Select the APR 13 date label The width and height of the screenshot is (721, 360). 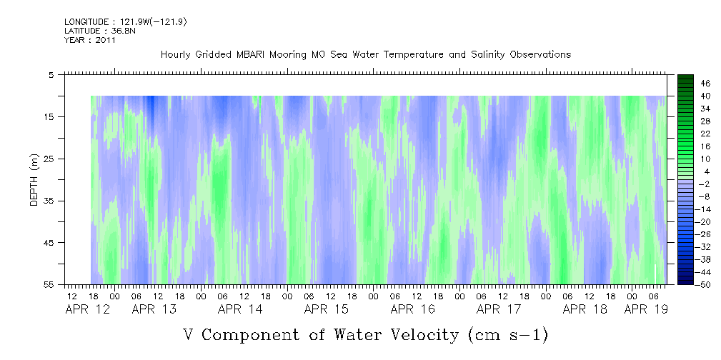pos(154,309)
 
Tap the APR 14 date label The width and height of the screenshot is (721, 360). pos(240,309)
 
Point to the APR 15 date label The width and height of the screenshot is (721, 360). pos(327,309)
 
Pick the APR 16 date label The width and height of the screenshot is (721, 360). pos(412,309)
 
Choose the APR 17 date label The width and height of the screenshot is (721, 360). pos(499,309)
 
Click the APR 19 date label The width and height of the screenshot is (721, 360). pos(647,309)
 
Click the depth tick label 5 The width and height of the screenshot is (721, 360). pos(51,74)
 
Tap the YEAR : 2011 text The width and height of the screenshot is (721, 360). pos(90,40)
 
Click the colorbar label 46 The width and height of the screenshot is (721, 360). pos(686,83)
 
